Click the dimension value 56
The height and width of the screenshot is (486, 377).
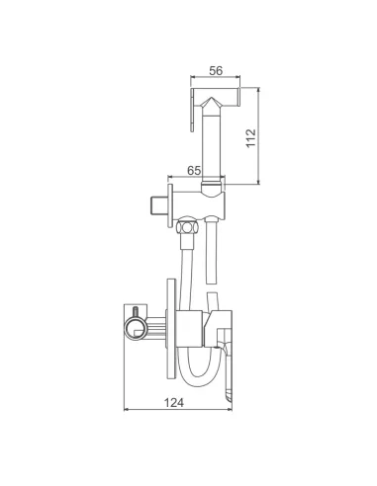click(216, 70)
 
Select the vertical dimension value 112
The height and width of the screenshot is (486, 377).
click(251, 138)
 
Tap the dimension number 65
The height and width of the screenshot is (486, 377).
click(194, 171)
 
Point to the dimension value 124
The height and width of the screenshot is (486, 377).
click(174, 402)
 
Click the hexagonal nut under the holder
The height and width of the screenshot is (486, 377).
click(187, 227)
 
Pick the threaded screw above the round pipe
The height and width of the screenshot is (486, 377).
click(135, 312)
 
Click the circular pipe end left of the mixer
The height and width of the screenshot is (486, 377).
click(135, 328)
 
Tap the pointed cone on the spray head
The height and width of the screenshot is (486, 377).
click(211, 105)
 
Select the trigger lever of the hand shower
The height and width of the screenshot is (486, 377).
click(192, 110)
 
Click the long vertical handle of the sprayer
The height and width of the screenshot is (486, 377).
click(211, 146)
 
